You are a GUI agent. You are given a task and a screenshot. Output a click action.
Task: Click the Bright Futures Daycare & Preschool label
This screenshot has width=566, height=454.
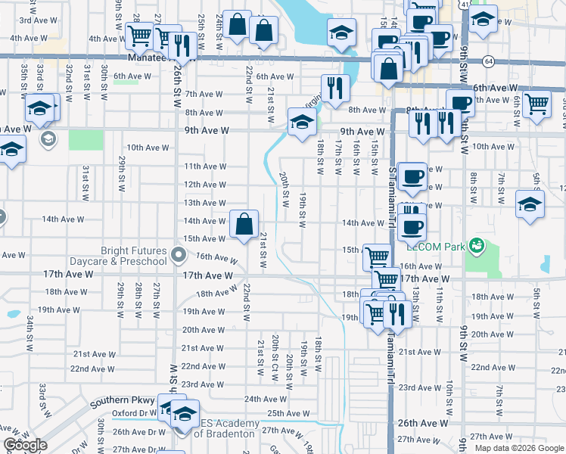[x=133, y=256]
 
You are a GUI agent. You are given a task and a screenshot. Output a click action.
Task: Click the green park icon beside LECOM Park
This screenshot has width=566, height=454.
[x=477, y=244]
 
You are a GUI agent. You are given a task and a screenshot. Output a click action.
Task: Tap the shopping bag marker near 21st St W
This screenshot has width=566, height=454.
[x=244, y=224]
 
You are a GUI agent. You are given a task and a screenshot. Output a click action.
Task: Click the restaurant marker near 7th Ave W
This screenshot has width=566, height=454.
[x=334, y=88]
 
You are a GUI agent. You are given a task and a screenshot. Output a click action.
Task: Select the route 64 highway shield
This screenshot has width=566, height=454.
[x=490, y=61]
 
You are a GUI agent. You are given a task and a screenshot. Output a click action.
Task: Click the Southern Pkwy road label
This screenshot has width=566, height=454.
[x=123, y=401]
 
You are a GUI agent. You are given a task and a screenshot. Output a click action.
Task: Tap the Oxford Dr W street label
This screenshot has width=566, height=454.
[x=133, y=413]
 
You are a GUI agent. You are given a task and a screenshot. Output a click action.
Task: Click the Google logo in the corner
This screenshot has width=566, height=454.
[x=25, y=446]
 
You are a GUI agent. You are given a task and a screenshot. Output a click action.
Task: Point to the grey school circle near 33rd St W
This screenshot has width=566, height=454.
[x=48, y=138]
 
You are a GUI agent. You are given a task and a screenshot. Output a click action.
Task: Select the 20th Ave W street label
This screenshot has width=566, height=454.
[x=203, y=330]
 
